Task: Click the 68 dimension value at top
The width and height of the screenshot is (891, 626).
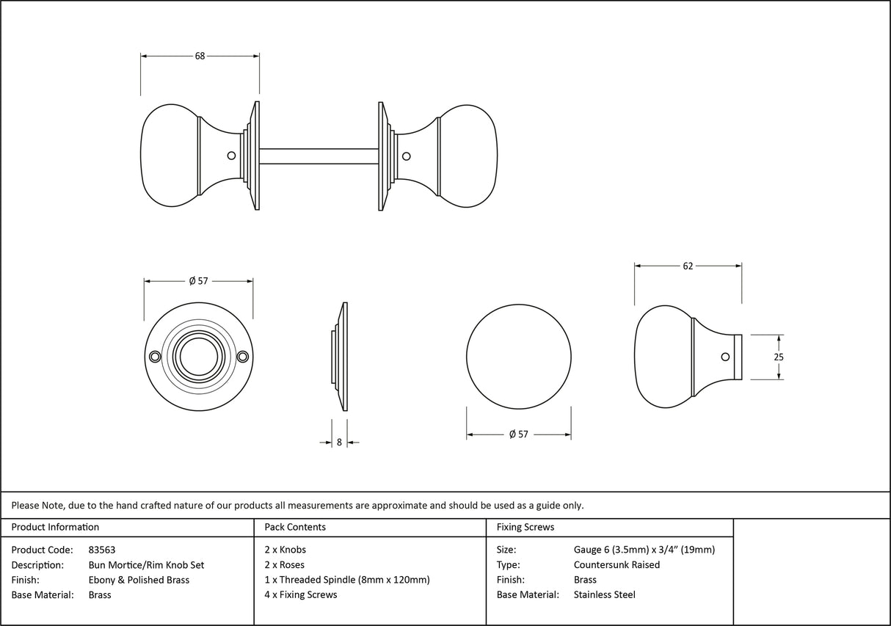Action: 200,56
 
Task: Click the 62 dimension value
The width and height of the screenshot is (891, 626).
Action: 688,266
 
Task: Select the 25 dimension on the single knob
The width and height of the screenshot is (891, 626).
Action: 779,357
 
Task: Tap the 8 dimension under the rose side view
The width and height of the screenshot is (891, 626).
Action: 339,443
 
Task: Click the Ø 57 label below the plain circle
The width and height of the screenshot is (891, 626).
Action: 518,434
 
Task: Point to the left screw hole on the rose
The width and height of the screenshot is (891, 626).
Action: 154,357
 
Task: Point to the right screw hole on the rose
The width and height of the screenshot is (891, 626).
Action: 244,357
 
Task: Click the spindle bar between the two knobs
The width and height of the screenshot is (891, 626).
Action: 319,156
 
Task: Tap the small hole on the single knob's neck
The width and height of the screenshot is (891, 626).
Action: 725,357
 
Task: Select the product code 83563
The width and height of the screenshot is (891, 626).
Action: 101,550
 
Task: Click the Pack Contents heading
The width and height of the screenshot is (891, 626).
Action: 295,527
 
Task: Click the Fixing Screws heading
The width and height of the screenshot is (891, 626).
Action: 525,527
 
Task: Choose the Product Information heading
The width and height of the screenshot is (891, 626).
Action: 55,527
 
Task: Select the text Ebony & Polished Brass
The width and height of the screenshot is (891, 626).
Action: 139,580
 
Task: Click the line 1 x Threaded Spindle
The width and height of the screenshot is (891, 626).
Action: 346,580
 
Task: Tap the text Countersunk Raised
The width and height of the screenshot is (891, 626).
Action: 617,565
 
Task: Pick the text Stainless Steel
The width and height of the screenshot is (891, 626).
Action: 604,595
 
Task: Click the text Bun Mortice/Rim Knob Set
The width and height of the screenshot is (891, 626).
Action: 146,565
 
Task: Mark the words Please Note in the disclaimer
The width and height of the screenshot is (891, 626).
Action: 37,505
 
